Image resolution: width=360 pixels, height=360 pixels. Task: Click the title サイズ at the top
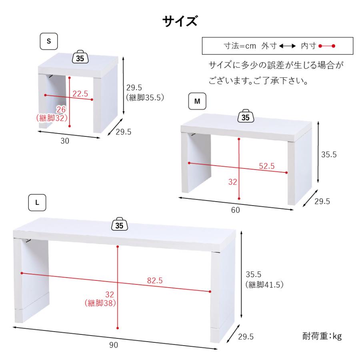[x=180, y=21]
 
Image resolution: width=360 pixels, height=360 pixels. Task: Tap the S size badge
[x=49, y=41]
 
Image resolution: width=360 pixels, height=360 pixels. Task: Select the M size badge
[x=197, y=102]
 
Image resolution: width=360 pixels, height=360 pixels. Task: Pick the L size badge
[x=37, y=202]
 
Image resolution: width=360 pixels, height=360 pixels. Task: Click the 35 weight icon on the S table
[x=80, y=58]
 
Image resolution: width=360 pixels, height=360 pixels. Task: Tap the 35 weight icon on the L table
[x=119, y=225]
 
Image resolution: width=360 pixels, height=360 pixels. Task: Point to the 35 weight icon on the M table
[x=246, y=117]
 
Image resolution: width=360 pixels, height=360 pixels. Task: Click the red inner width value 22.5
[x=80, y=94]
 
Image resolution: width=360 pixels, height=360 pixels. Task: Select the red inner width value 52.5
[x=266, y=166]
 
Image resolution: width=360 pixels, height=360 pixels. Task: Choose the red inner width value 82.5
[x=154, y=281]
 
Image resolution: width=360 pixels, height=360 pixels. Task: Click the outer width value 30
[x=65, y=141]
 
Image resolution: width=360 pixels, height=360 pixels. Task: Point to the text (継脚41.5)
[x=264, y=285]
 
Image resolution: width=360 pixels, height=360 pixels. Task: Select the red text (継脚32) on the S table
[x=51, y=118]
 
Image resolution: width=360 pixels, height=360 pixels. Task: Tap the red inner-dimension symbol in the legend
[x=327, y=46]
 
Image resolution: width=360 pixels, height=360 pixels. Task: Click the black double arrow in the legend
[x=287, y=46]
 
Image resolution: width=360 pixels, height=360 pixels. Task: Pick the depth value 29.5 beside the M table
[x=322, y=202]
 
